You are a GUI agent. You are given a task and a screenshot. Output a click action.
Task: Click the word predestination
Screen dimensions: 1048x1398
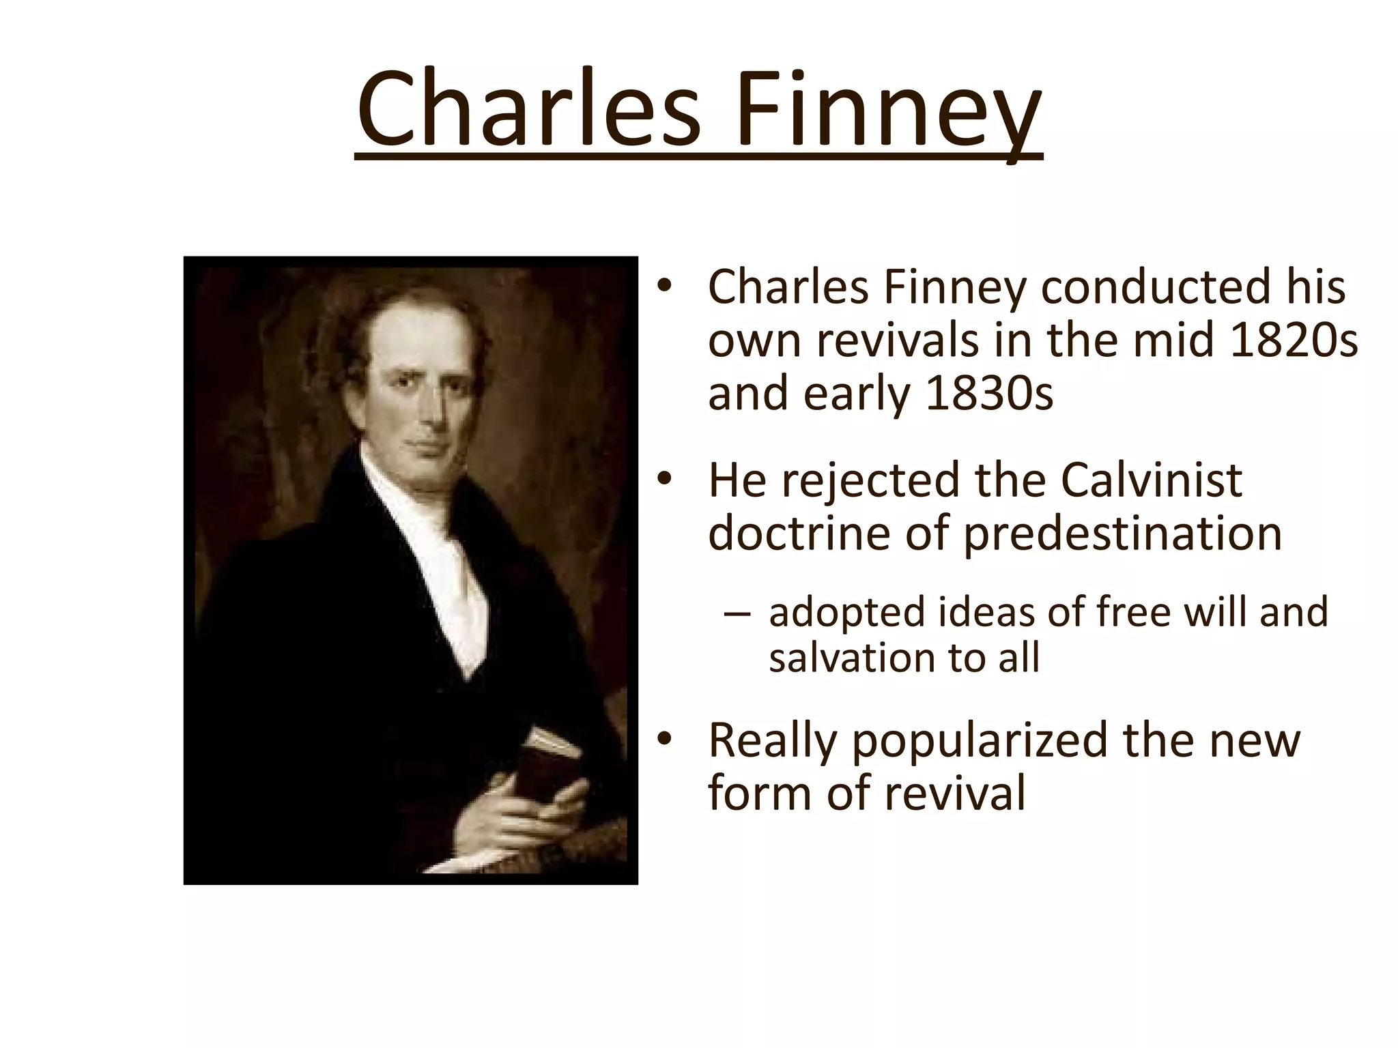click(1122, 534)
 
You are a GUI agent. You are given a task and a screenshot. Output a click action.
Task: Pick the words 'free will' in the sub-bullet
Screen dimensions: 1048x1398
click(1167, 612)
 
